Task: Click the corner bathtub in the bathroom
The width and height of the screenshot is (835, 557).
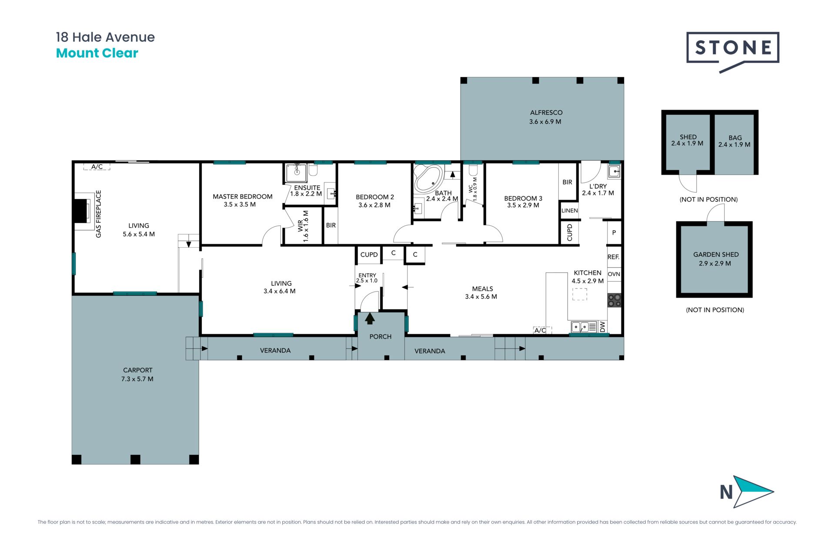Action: (x=428, y=178)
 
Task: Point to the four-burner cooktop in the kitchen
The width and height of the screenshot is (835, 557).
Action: (x=615, y=300)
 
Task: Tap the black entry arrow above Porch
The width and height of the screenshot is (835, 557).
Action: (x=370, y=319)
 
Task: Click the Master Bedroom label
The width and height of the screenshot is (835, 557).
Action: (x=243, y=197)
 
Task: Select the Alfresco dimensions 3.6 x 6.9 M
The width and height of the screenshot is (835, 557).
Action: (x=545, y=122)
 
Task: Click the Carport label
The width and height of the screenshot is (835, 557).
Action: (x=137, y=370)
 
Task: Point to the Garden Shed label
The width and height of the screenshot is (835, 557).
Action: (x=716, y=255)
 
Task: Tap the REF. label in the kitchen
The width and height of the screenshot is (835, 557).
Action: (x=614, y=257)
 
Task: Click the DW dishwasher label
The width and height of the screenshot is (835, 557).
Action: (x=603, y=327)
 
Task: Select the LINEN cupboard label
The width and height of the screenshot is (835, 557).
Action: (x=570, y=211)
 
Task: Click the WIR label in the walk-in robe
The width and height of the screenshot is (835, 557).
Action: (x=301, y=225)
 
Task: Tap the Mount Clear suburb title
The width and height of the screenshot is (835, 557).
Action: (x=97, y=53)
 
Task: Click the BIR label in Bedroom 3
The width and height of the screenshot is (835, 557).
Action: (x=568, y=182)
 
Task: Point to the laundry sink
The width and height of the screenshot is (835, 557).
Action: (x=614, y=171)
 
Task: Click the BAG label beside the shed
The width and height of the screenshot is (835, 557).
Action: (x=735, y=138)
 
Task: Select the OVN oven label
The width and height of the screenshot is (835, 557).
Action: (x=614, y=274)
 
